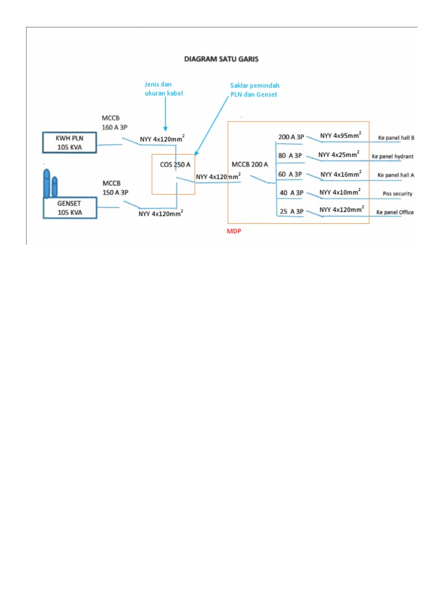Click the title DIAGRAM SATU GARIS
pyautogui.click(x=221, y=58)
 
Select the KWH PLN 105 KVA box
pyautogui.click(x=70, y=143)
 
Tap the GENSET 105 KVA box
pyautogui.click(x=70, y=208)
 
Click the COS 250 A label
pyautogui.click(x=175, y=164)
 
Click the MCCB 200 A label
pyautogui.click(x=250, y=164)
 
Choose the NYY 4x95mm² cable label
pyautogui.click(x=340, y=136)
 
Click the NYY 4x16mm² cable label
pyautogui.click(x=340, y=174)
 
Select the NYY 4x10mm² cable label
pyautogui.click(x=340, y=192)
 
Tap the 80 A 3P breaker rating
pyautogui.click(x=291, y=155)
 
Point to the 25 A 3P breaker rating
pyautogui.click(x=291, y=211)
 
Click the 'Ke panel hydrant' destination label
pyautogui.click(x=392, y=156)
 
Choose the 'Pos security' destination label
pyautogui.click(x=397, y=194)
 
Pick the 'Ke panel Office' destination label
pyautogui.click(x=395, y=212)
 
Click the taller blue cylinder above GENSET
pyautogui.click(x=47, y=182)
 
